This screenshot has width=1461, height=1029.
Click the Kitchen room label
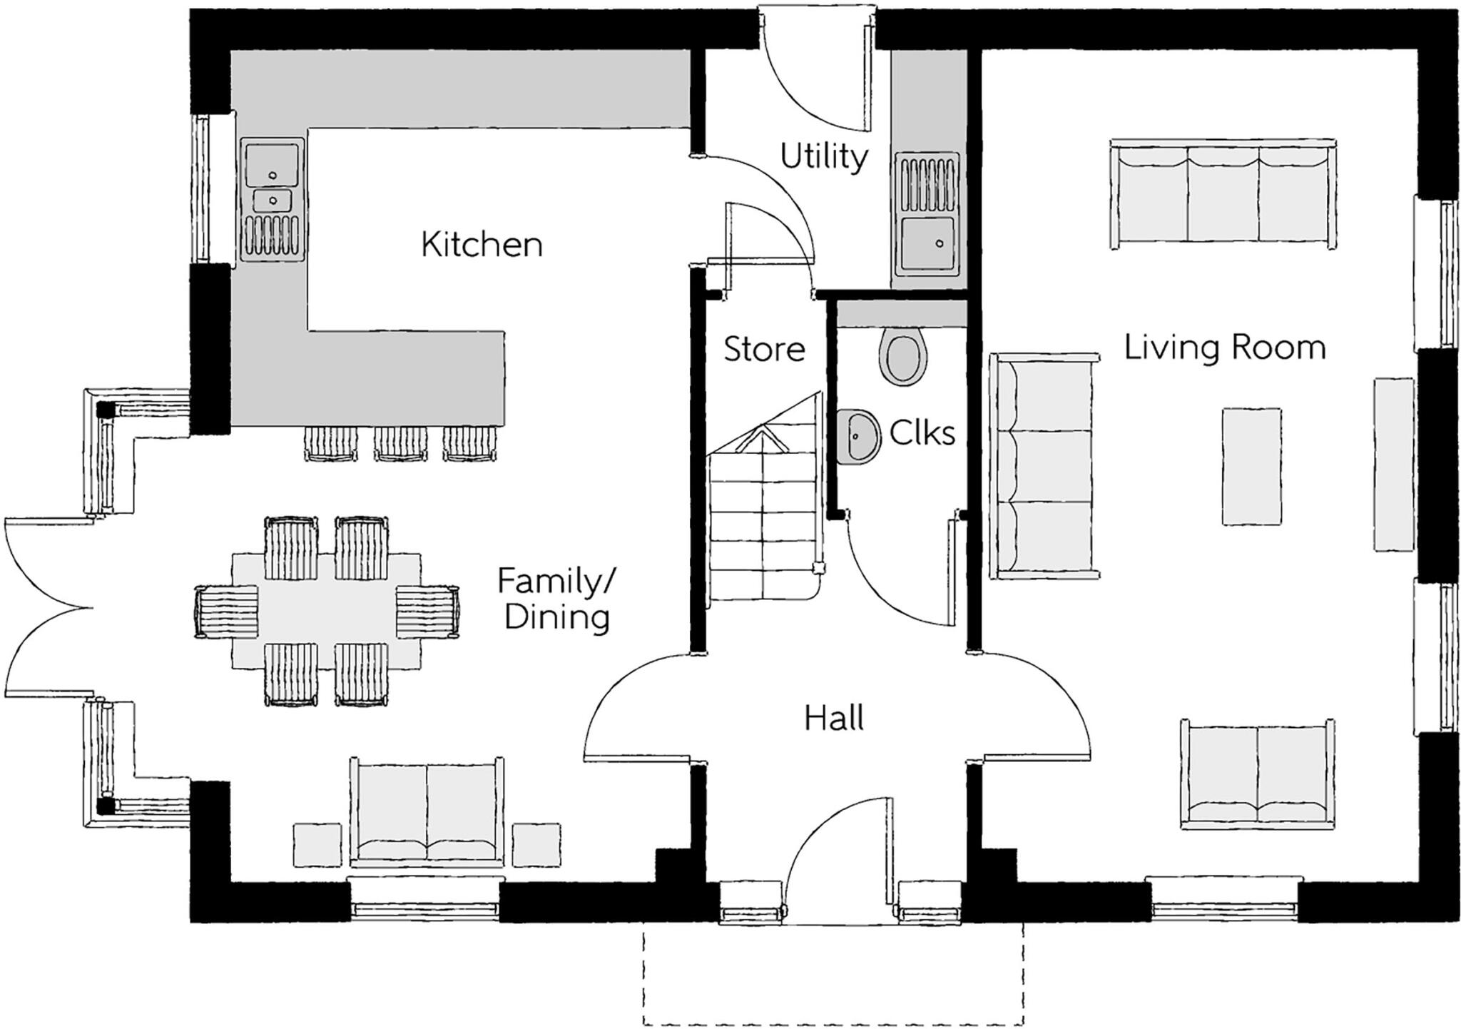point(482,245)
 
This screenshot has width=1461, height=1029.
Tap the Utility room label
point(824,156)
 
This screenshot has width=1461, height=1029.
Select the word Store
point(764,350)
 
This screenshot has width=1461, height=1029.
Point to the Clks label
point(922,432)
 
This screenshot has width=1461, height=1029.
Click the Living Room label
point(1224,348)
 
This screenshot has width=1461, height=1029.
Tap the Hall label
point(834,718)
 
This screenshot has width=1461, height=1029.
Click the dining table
point(326,610)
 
